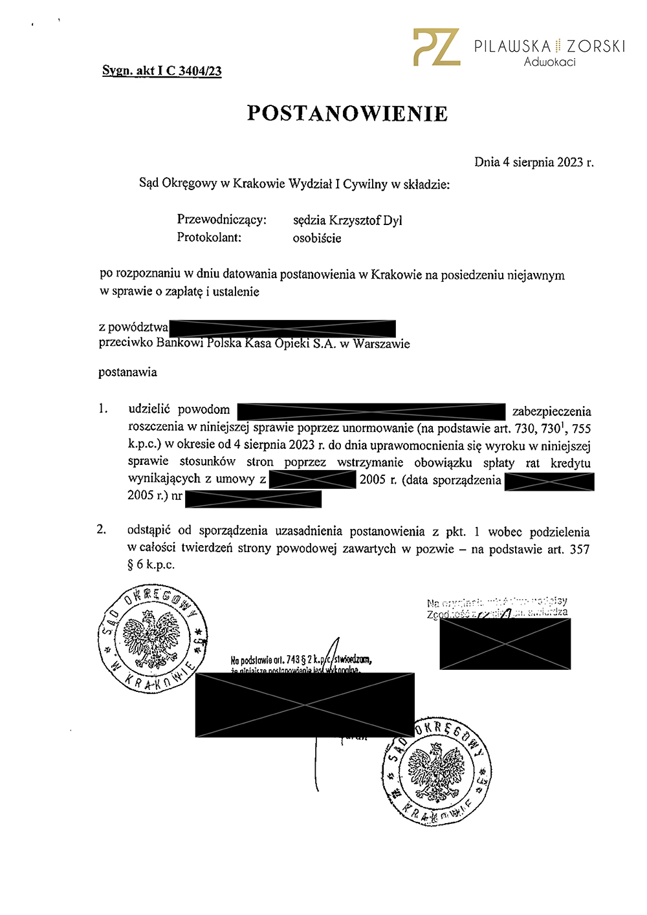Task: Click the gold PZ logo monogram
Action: tap(437, 47)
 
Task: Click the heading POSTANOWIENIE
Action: tap(347, 114)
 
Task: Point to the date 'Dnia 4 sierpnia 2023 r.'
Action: tap(534, 162)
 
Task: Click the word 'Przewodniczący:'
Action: tap(222, 220)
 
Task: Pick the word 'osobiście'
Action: tap(317, 238)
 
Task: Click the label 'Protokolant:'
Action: tap(209, 237)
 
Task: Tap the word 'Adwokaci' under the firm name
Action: tap(549, 62)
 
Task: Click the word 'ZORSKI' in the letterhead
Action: tap(596, 47)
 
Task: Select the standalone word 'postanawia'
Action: tap(127, 372)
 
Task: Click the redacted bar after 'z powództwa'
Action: tap(282, 328)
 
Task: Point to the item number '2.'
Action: tap(102, 530)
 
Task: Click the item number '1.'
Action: tap(103, 409)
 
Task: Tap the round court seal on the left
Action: tap(153, 639)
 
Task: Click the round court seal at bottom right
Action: tap(437, 771)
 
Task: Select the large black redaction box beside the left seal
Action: tap(305, 705)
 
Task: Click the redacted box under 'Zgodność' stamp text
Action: tap(505, 643)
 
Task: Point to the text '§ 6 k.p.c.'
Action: tap(151, 565)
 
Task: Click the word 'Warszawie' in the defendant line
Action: tap(381, 344)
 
